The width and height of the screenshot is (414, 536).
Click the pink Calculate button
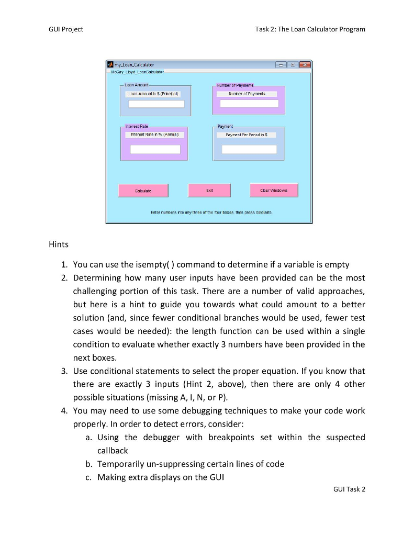pos(143,191)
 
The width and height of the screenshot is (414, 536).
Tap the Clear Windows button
pos(274,190)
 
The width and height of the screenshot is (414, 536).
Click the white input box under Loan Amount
pos(156,104)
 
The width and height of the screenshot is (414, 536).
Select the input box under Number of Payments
pos(249,104)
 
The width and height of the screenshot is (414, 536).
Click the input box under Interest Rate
pos(155,149)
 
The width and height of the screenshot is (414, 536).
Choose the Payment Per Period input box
pos(249,149)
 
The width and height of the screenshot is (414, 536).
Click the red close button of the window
pos(304,64)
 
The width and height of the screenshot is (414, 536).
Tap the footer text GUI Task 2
pos(349,489)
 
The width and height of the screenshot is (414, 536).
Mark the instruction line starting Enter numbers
pos(208,213)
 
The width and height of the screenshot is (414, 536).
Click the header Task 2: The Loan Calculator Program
pos(310,29)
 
